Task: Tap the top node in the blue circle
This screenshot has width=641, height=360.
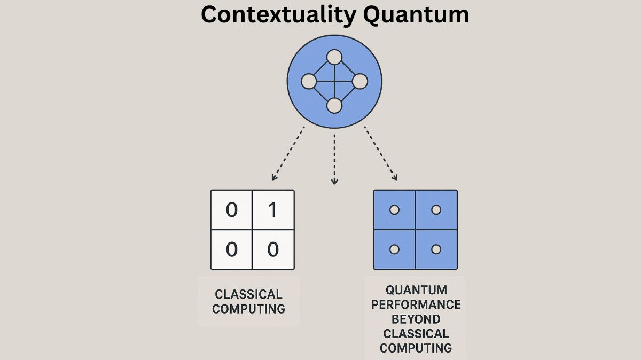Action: point(334,57)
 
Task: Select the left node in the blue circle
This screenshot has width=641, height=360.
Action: point(309,82)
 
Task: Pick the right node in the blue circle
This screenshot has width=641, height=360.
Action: point(360,82)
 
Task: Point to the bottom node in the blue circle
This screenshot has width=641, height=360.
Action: point(334,106)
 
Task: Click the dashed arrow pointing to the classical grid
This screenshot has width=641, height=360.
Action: point(288,153)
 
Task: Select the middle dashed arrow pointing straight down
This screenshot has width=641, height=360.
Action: point(334,159)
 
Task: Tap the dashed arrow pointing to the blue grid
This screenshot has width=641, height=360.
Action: point(381,153)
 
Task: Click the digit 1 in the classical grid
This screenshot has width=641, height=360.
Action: point(273,210)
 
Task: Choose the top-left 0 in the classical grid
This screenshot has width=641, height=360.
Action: point(232,210)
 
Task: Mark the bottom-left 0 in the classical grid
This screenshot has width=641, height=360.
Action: point(232,249)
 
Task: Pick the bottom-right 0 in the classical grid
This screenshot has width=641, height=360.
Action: point(273,249)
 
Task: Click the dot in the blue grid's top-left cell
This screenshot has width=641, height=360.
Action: point(394,210)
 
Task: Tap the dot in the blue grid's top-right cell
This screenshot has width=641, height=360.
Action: point(436,210)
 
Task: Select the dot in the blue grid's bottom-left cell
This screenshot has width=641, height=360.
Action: point(394,249)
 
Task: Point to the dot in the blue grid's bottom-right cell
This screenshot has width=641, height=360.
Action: point(436,249)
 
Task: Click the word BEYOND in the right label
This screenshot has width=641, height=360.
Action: point(416,319)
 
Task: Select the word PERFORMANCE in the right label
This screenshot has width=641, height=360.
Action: point(416,305)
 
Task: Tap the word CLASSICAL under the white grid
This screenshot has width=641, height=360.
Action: point(248,294)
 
